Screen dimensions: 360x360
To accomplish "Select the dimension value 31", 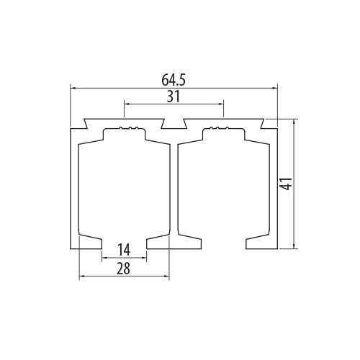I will pyautogui.click(x=174, y=95).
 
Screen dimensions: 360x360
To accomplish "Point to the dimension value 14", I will pyautogui.click(x=123, y=250).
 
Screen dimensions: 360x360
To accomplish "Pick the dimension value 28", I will pyautogui.click(x=123, y=268).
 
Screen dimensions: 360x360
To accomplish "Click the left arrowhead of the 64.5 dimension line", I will pyautogui.click(x=73, y=88).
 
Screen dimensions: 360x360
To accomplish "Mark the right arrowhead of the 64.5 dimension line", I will pyautogui.click(x=275, y=88).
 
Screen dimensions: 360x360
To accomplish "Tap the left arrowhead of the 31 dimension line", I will pyautogui.click(x=127, y=104).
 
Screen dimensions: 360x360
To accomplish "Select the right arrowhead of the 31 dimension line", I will pyautogui.click(x=221, y=104).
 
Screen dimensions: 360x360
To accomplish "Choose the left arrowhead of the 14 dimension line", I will pyautogui.click(x=105, y=258).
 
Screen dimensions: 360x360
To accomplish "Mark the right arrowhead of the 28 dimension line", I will pyautogui.click(x=166, y=276).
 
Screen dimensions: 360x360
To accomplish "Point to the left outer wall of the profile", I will pyautogui.click(x=73, y=187).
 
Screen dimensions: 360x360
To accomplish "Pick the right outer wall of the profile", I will pyautogui.click(x=275, y=187).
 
